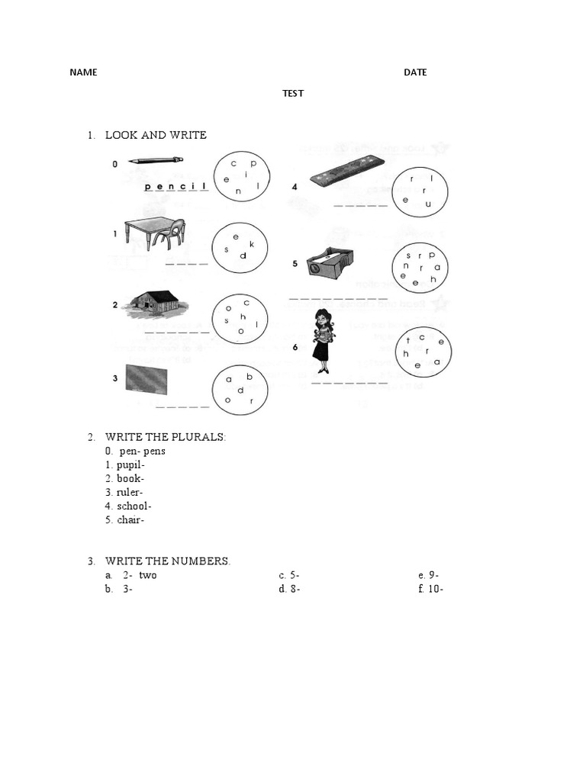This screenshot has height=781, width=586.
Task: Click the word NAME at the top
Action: [83, 72]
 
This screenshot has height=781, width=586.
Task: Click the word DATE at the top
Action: [415, 72]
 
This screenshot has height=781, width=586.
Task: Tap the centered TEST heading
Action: [293, 93]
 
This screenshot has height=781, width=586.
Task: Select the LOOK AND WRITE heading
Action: [156, 135]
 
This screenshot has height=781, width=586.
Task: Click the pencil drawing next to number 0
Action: [156, 160]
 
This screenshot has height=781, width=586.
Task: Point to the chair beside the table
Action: [169, 233]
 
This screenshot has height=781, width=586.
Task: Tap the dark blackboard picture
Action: [146, 378]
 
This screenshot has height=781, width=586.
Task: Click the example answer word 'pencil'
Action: [175, 185]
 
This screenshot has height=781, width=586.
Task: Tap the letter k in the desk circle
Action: [252, 244]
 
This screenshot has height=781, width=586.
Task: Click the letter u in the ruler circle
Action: [428, 204]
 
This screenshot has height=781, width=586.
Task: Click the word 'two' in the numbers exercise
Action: [147, 575]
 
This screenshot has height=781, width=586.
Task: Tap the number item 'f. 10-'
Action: [431, 589]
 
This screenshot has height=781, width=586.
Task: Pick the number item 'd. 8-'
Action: [290, 589]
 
